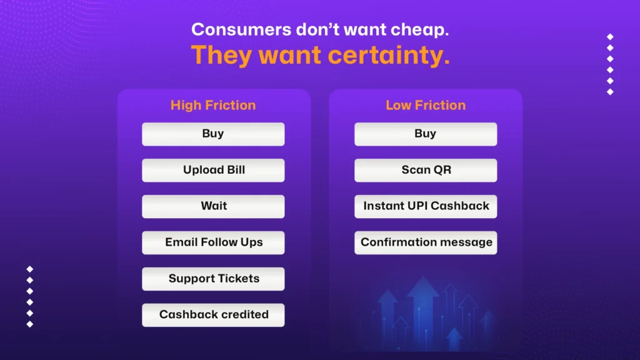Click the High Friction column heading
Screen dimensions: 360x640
tap(213, 105)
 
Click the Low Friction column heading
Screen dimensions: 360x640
tap(426, 105)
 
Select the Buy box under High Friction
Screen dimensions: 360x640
tap(213, 134)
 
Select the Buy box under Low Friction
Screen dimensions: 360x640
tap(426, 134)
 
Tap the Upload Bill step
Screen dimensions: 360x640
tap(213, 170)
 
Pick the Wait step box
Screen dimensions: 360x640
tap(213, 206)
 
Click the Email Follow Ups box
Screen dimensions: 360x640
tap(213, 242)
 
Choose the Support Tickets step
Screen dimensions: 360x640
tap(213, 279)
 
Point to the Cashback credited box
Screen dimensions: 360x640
tap(213, 315)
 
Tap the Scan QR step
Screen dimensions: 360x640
tap(426, 170)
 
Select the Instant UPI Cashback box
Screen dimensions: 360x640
tap(426, 206)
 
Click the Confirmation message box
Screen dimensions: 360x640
tap(426, 242)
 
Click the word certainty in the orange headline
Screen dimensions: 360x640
tap(389, 56)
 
